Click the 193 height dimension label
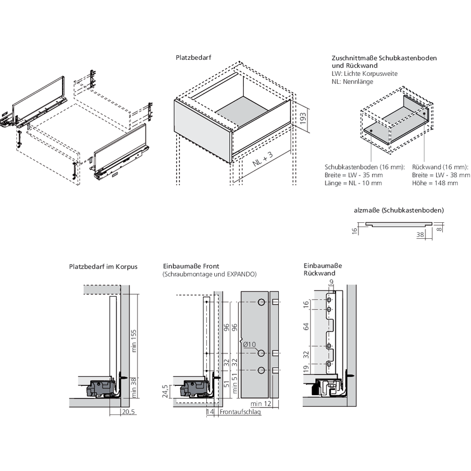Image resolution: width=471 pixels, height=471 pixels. click(304, 117)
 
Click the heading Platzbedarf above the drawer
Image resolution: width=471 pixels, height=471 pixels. click(193, 57)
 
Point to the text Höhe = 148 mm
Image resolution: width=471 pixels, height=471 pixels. click(435, 183)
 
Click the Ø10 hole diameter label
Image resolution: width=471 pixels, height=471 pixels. click(250, 345)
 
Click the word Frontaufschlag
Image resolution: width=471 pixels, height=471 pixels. click(240, 412)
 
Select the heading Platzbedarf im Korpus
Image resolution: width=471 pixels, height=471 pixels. click(103, 267)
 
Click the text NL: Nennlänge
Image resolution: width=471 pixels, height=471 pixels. click(352, 81)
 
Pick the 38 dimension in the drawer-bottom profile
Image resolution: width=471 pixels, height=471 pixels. click(421, 234)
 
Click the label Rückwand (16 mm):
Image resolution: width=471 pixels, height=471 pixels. click(440, 167)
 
